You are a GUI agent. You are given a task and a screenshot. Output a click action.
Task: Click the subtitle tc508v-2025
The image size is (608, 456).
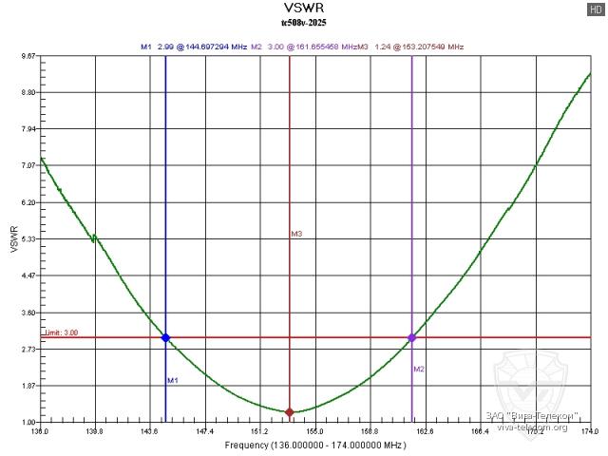point(304,22)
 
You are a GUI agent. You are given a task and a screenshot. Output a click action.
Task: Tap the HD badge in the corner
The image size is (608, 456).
point(595,9)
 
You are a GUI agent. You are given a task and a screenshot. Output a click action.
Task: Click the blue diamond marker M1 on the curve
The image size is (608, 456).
point(165,337)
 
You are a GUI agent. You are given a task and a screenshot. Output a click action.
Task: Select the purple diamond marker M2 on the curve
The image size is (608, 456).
point(412,337)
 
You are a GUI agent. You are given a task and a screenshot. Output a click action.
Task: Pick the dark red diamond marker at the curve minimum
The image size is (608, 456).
point(290,411)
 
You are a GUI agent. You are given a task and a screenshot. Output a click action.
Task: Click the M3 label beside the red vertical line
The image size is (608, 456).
point(296,234)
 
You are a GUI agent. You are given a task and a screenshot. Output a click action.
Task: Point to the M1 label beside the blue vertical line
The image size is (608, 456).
point(173,380)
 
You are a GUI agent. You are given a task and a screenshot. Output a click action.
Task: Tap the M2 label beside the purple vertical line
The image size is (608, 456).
point(419,369)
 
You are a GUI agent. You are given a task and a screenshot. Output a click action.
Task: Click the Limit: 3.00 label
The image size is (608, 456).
point(62,332)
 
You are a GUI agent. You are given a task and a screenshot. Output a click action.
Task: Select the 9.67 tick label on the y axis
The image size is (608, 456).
point(28,56)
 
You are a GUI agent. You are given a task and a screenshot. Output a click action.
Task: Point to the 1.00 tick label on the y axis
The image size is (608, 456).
point(28,422)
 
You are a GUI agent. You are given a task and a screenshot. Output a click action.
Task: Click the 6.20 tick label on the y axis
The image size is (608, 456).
point(28,203)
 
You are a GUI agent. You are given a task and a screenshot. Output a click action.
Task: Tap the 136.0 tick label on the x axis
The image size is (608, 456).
point(40,432)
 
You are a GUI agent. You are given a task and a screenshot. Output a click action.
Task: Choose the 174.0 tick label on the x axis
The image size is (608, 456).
point(590,432)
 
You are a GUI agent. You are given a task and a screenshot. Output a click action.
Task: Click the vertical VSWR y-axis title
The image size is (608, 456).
point(12,239)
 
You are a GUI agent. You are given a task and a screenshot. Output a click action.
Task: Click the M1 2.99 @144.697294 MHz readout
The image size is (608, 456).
point(194,46)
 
